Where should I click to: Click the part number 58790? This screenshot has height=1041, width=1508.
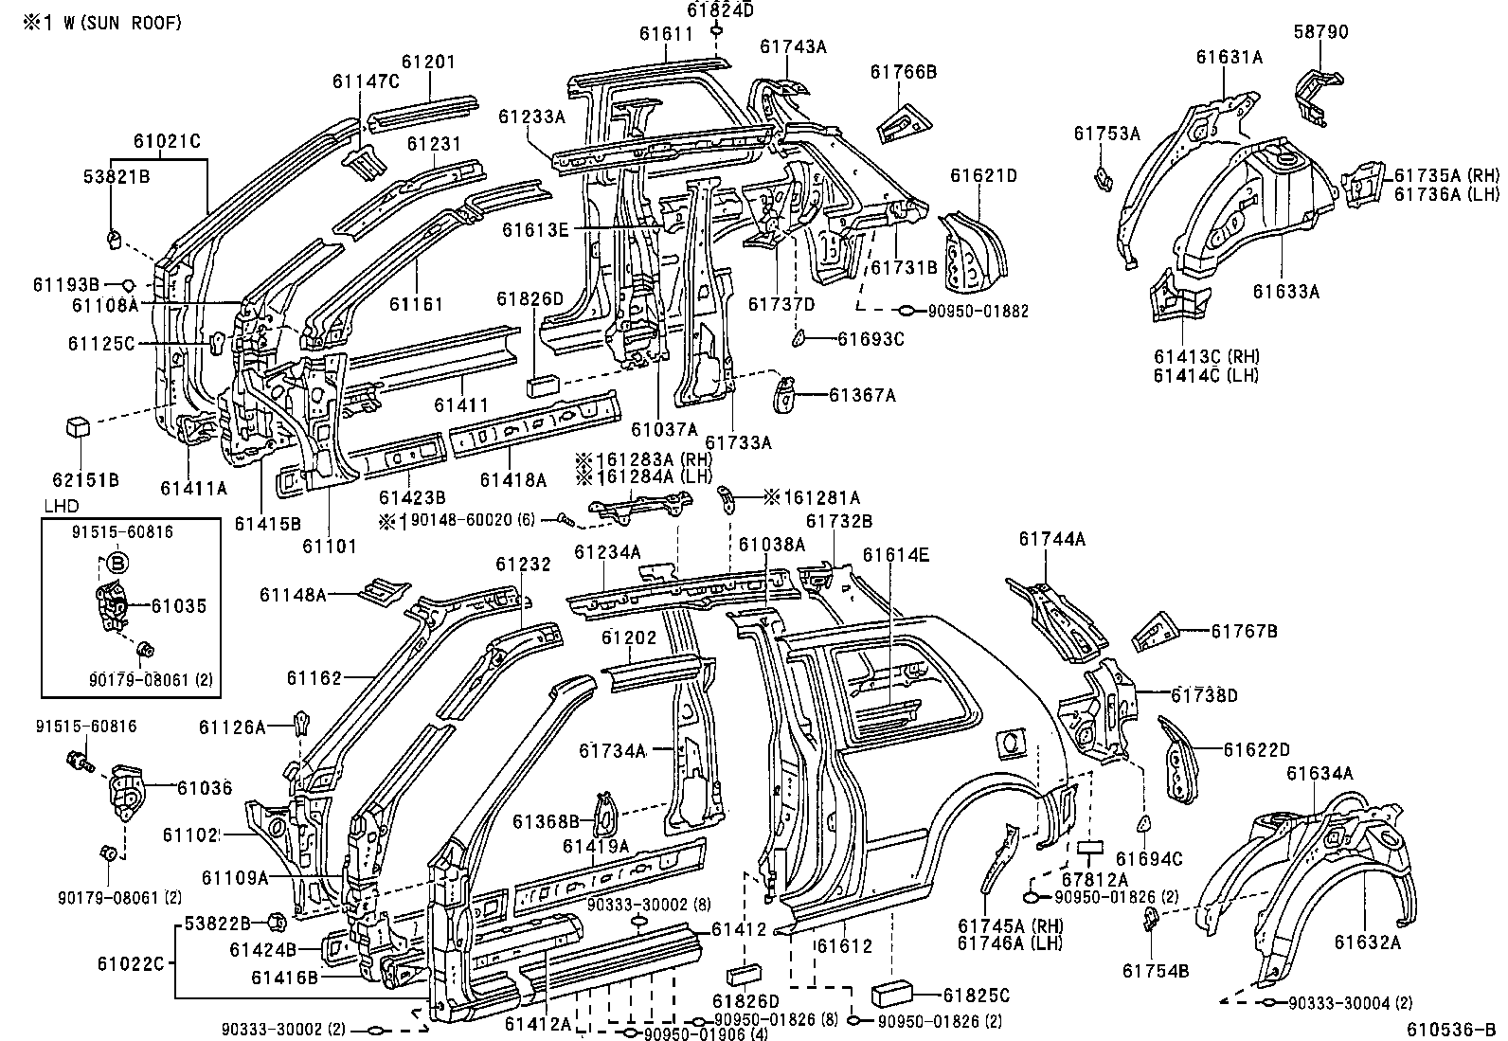click(1320, 31)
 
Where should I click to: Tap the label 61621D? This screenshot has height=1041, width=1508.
click(983, 175)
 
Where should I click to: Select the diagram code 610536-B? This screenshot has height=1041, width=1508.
click(1451, 1029)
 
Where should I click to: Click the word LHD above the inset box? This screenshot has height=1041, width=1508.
click(62, 506)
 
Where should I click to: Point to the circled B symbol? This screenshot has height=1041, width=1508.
click(117, 562)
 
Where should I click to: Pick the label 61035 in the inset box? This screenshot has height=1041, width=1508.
click(178, 606)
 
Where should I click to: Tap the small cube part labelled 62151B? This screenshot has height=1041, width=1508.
click(78, 427)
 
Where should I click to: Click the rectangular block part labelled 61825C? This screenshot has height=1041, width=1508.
click(892, 994)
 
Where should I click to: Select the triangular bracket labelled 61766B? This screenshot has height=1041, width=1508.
click(904, 122)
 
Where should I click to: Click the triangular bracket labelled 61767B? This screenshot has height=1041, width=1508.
click(1157, 633)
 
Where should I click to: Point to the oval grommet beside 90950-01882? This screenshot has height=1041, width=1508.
click(907, 311)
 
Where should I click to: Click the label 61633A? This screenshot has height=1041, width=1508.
click(1285, 292)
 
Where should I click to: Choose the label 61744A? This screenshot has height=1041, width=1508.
click(1051, 539)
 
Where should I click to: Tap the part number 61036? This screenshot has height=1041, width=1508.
click(205, 788)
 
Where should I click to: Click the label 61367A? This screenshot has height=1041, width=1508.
click(862, 395)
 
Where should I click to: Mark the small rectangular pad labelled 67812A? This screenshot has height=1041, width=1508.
click(1090, 847)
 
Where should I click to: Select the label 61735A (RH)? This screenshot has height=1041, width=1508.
click(1446, 175)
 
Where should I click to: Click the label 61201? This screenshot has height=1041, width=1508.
click(429, 62)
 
